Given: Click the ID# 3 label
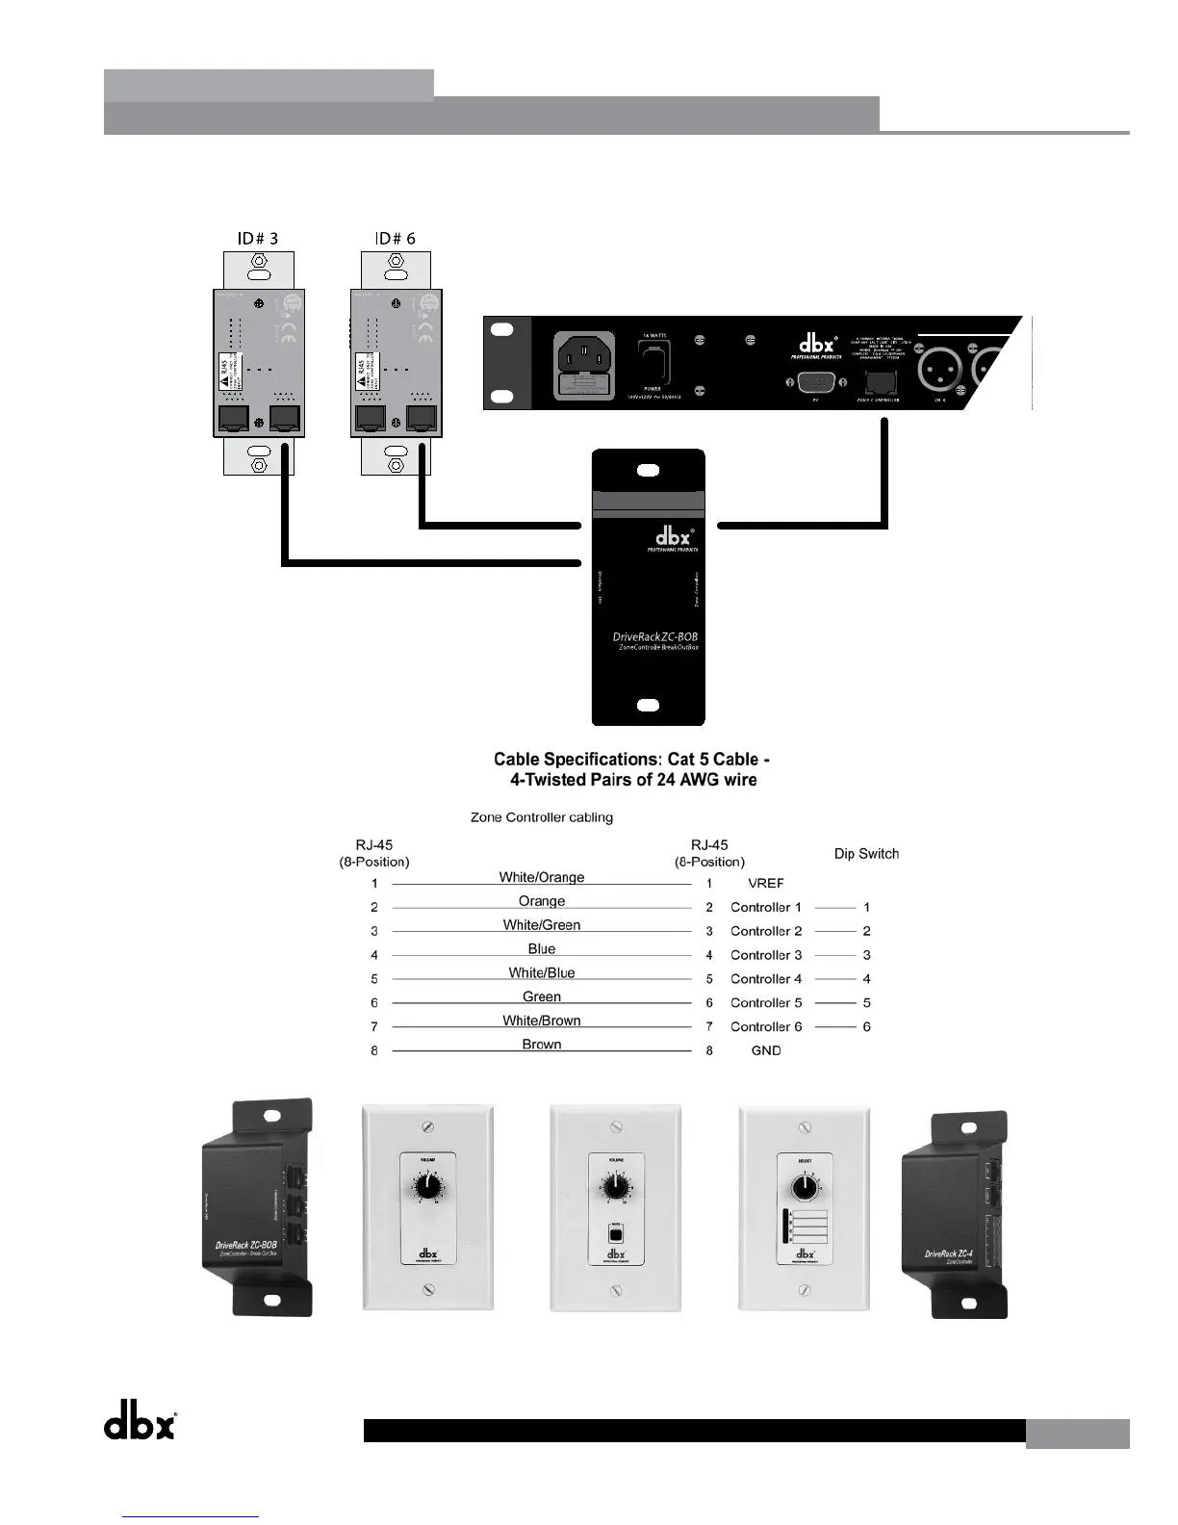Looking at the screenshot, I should point(258,238).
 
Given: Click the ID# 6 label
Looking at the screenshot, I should point(395,238).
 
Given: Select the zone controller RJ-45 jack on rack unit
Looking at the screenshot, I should point(880,381).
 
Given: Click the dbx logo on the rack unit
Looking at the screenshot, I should point(817,343).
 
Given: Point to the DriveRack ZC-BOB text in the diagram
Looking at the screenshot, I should point(654,636).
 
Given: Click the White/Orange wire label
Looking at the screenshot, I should point(542,877).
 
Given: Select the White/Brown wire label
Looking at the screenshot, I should point(542,1021).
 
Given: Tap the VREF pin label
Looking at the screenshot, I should point(766,883).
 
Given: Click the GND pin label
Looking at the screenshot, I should point(766,1050).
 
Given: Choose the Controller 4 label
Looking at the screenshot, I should point(766,979).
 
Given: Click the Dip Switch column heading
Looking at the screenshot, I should point(866,854).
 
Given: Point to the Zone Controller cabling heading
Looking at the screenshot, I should point(541,817).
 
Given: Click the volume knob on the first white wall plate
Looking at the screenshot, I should point(427,1187).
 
